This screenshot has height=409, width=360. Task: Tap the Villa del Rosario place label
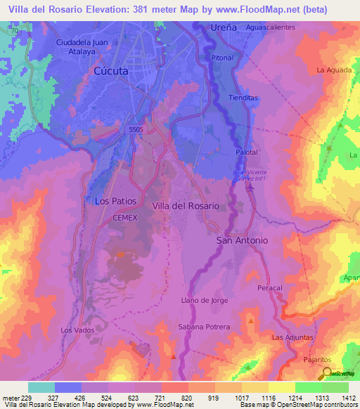186,206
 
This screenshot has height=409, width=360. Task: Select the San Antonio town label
241,240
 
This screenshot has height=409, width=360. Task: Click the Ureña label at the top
224,27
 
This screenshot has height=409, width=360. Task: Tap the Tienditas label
243,98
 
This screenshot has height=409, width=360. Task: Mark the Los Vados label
77,330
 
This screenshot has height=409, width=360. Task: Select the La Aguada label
333,70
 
